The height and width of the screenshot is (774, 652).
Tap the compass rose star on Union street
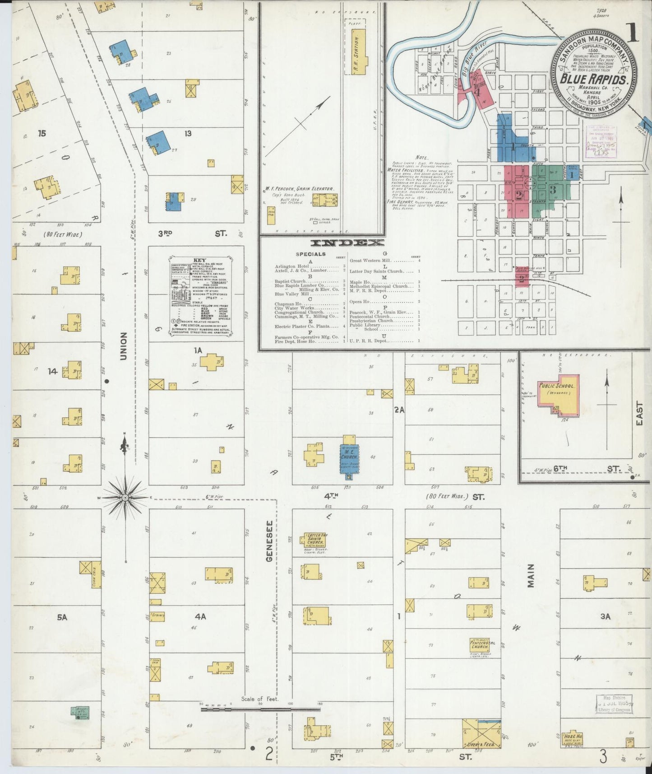click(125, 497)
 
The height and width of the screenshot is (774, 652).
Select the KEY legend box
click(200, 296)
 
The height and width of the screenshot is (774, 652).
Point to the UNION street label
click(124, 346)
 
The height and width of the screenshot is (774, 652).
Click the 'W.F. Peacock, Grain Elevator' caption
click(300, 189)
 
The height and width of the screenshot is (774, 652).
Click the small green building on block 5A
click(80, 713)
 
